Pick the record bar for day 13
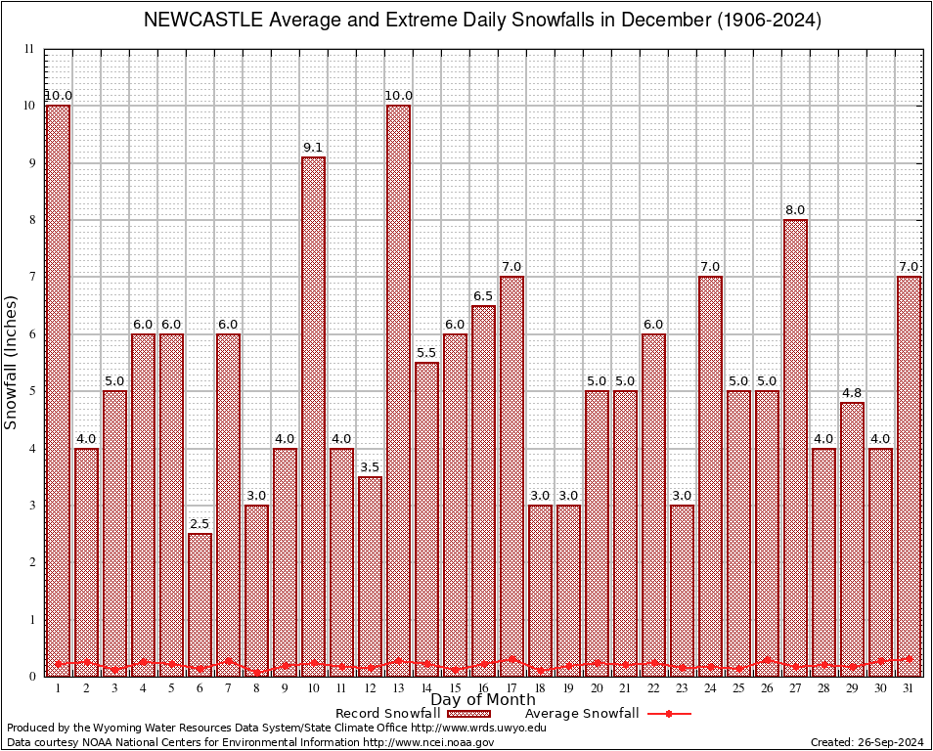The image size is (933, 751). click(398, 390)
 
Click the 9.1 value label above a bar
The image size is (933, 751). click(313, 148)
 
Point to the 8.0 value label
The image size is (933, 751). click(795, 210)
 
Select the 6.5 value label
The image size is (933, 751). click(483, 296)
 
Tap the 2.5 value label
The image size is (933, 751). click(200, 524)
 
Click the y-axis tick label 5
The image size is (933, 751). click(30, 391)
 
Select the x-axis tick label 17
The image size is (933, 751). click(511, 688)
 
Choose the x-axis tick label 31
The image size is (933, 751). click(909, 688)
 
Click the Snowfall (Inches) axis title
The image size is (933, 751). click(12, 362)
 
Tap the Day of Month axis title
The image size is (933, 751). click(482, 699)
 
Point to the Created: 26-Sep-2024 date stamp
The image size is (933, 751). click(867, 742)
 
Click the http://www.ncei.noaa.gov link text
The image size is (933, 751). click(428, 742)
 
